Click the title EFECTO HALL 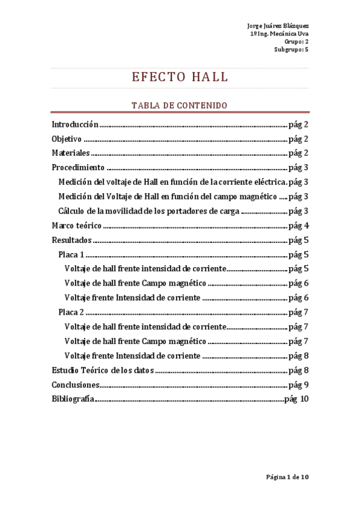180,77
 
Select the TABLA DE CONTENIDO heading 180,105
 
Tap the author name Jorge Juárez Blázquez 278,26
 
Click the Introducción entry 75,124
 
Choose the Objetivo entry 67,139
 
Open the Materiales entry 70,153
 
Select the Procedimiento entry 78,168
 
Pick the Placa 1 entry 72,254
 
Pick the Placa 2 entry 72,312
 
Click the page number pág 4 299,226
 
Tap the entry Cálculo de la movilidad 149,211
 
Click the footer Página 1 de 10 287,477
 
